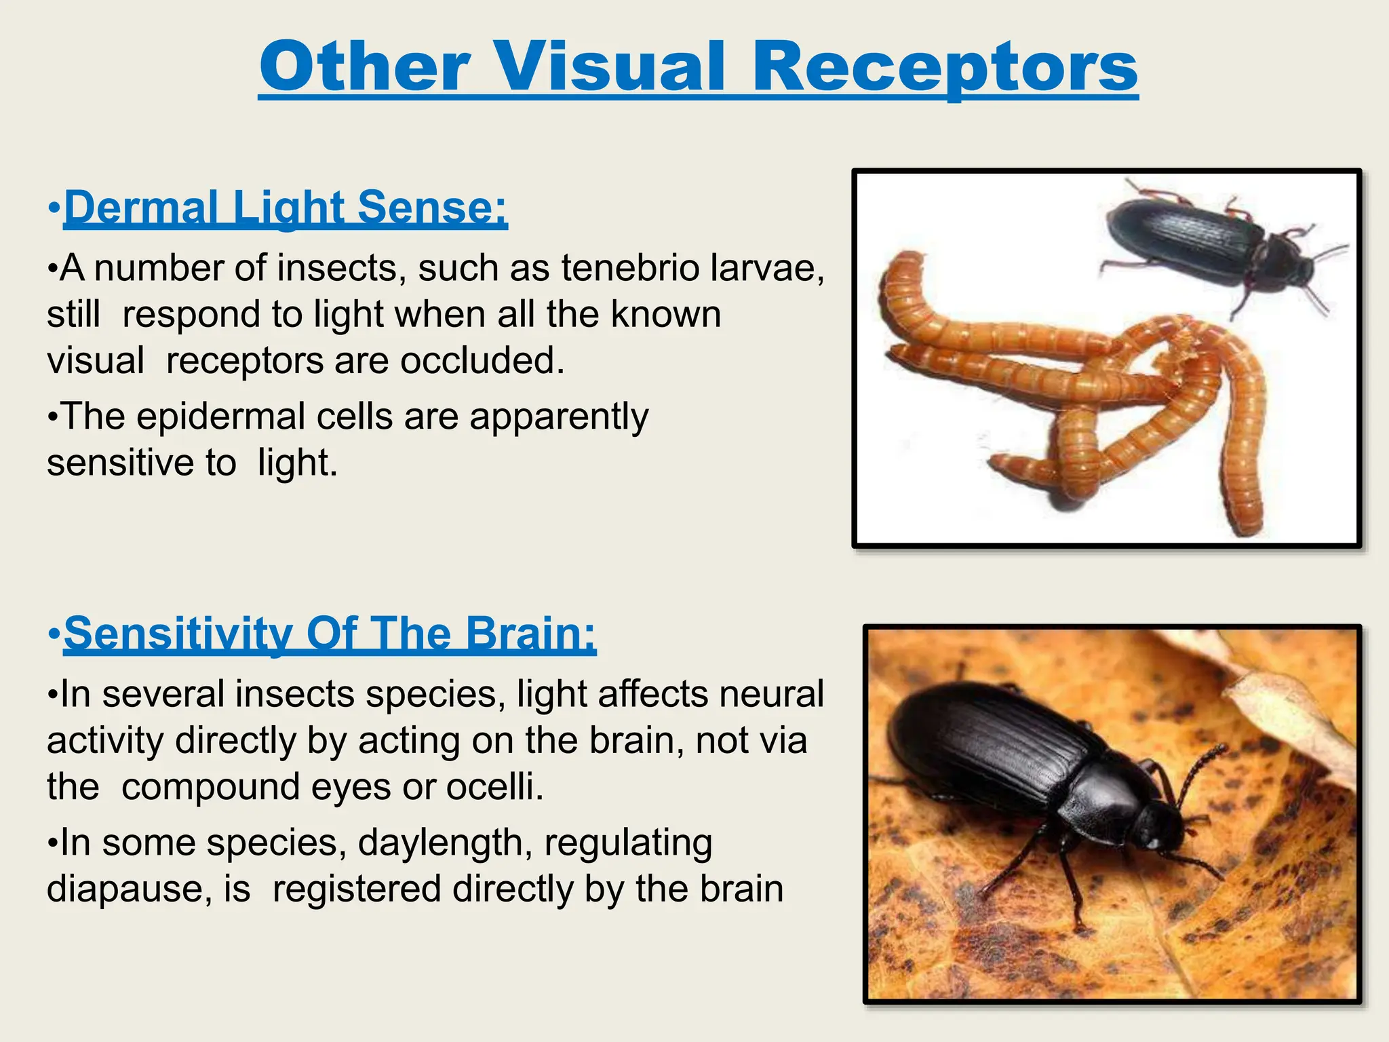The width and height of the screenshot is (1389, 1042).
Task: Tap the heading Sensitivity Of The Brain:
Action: (x=330, y=634)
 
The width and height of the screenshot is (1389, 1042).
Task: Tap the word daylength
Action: (x=445, y=843)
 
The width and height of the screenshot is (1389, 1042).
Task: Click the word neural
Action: (x=771, y=694)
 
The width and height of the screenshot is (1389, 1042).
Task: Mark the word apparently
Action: (x=559, y=417)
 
